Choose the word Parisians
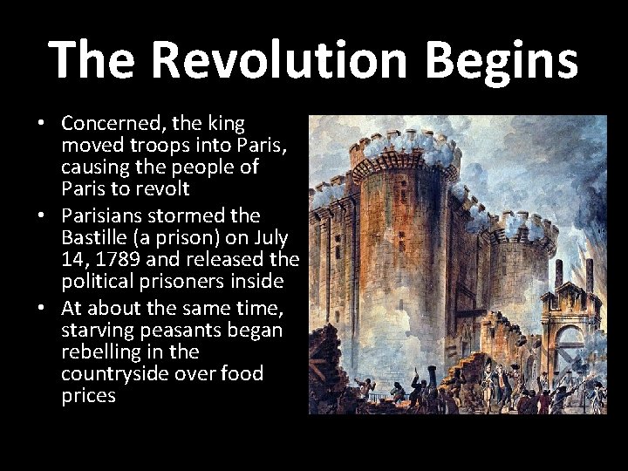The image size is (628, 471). pos(102,214)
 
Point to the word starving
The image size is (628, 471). pos(95,330)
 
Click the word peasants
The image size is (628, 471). pos(175,330)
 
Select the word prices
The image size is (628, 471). pos(88,396)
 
